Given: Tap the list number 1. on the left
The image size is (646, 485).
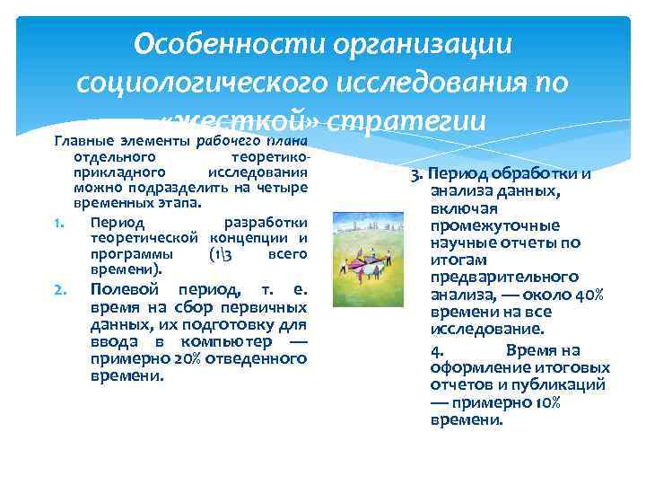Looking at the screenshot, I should click(59, 222).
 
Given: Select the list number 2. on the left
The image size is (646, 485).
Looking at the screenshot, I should click(59, 289).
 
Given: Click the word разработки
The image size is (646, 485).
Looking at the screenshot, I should click(266, 222).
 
